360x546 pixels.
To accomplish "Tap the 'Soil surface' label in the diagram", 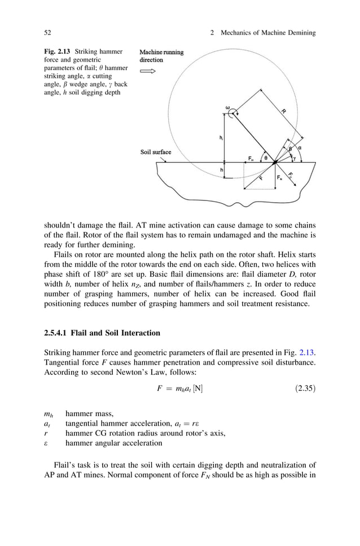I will point(155,152).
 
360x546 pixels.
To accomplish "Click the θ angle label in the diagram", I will point(266,158).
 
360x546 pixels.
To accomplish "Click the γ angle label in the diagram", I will point(293,159).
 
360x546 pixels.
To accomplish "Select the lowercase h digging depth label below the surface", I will point(221,170).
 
